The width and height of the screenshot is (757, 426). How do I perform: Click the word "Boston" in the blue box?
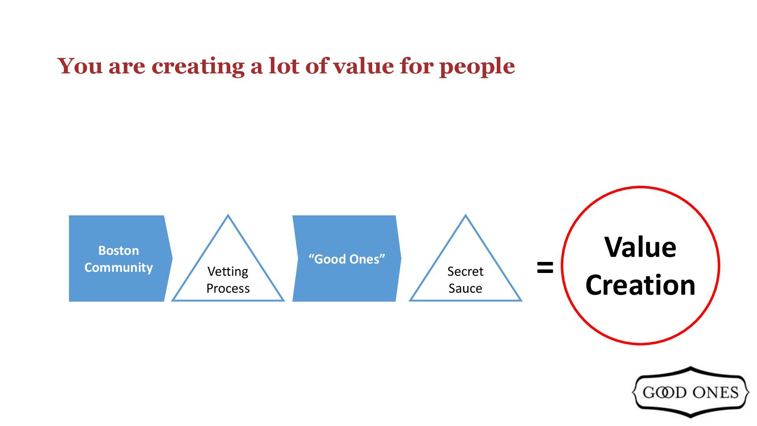point(118,250)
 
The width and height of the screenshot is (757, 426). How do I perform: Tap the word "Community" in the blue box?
point(118,267)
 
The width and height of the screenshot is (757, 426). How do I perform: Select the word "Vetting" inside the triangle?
point(228,271)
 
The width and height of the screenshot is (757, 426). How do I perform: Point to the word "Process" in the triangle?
point(228,288)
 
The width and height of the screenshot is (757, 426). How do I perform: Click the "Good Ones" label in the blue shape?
point(347,259)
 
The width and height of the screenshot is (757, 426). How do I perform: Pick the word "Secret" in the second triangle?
point(465,271)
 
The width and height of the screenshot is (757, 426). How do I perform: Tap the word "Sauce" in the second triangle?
point(465,288)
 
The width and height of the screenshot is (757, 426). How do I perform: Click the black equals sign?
point(545,267)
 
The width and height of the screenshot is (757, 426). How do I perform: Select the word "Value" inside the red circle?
point(640,247)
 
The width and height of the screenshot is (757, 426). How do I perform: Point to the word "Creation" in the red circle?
point(640,285)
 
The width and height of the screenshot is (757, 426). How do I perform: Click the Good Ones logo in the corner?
point(690,392)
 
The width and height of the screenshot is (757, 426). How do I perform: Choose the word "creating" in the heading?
point(198,67)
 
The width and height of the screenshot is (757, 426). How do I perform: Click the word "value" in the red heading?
point(363,66)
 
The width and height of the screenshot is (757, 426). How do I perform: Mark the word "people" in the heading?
point(477,67)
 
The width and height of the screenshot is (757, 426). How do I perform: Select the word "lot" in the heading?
point(285,66)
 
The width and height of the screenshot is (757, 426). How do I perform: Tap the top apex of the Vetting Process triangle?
point(228,216)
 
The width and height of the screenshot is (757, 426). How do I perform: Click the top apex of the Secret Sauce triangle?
point(466,216)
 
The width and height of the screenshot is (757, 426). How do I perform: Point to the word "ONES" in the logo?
point(715,392)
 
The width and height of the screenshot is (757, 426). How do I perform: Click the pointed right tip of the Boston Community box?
point(172,259)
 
